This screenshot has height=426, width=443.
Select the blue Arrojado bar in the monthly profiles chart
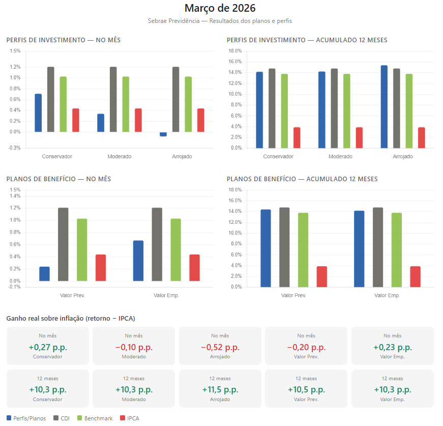click(163, 134)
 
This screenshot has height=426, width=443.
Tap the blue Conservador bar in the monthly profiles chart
click(38, 113)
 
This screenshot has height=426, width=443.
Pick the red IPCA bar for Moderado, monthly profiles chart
click(138, 120)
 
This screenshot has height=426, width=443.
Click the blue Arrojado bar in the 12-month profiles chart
click(384, 107)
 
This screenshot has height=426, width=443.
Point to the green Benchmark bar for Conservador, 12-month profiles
click(284, 111)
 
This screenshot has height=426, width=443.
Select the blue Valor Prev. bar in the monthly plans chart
click(45, 274)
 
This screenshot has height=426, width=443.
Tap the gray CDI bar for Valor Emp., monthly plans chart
click(157, 244)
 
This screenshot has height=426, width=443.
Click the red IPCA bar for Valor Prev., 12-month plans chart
click(322, 276)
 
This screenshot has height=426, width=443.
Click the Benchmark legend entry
click(95, 418)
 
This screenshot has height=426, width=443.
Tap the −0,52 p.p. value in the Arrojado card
click(220, 348)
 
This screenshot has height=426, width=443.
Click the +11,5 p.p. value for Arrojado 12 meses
click(220, 390)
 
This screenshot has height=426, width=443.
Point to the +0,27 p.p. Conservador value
click(48, 348)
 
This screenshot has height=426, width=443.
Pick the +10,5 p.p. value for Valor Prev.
click(306, 390)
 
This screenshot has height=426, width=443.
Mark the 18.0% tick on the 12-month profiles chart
click(234, 51)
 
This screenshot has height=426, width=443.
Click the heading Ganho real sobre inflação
click(70, 318)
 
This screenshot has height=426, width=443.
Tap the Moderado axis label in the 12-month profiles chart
click(340, 156)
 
